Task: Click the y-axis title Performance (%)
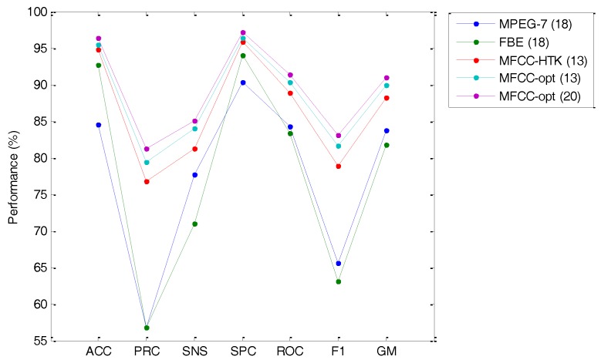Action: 13,177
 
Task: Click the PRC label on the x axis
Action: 147,352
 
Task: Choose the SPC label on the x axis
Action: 243,352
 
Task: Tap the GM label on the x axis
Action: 387,352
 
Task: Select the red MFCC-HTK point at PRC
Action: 147,182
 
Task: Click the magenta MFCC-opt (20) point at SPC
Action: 243,33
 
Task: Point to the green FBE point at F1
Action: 339,281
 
